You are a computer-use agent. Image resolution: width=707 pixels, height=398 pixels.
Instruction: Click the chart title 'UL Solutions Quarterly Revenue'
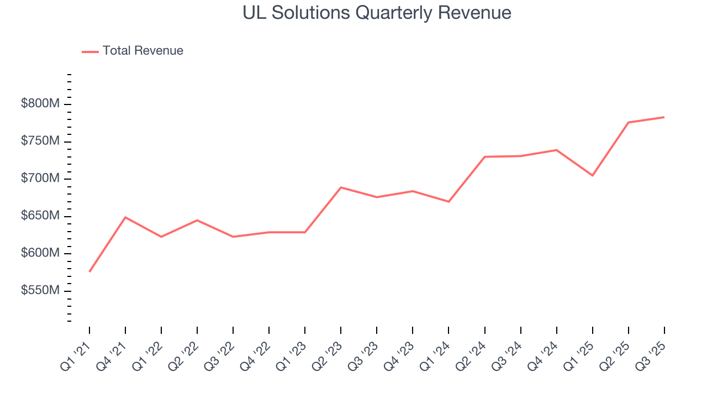point(377,13)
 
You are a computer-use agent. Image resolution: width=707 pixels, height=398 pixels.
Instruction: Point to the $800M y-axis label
point(40,104)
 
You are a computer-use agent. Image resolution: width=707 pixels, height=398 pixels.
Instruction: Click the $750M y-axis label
point(40,142)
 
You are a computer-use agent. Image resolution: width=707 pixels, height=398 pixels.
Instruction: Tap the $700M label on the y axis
point(40,179)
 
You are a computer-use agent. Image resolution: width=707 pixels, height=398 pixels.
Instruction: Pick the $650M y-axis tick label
point(40,216)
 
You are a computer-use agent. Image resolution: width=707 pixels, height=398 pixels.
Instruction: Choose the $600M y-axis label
point(40,253)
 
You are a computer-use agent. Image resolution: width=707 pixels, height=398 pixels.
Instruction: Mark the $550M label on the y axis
point(40,291)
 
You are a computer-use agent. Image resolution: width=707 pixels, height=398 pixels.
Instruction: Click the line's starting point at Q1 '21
point(89,271)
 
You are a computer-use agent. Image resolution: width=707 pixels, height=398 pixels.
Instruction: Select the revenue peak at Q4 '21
point(125,217)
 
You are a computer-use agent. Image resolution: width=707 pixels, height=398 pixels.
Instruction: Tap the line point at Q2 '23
point(341,187)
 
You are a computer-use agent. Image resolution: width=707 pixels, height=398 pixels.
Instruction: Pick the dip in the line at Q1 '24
point(449,202)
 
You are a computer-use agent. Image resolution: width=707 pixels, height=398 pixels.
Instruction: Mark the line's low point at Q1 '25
point(592,175)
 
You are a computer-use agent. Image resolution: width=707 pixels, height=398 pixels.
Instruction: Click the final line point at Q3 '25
point(664,117)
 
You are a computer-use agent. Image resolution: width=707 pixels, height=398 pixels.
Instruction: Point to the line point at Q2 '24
point(484,157)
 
